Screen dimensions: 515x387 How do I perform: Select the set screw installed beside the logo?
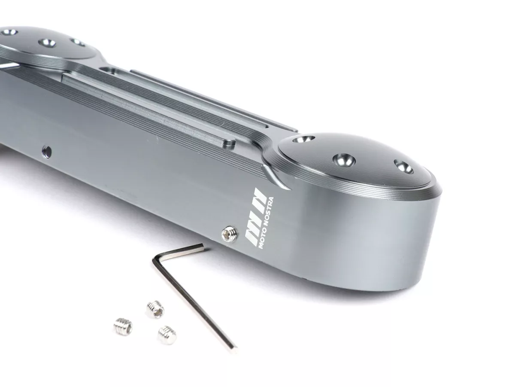pyautogui.click(x=230, y=233)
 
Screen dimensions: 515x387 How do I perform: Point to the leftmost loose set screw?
pyautogui.click(x=123, y=326)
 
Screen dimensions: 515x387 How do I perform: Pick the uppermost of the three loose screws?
pyautogui.click(x=155, y=310)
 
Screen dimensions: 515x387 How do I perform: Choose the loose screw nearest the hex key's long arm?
pyautogui.click(x=167, y=335)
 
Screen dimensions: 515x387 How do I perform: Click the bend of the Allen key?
pyautogui.click(x=156, y=259)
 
